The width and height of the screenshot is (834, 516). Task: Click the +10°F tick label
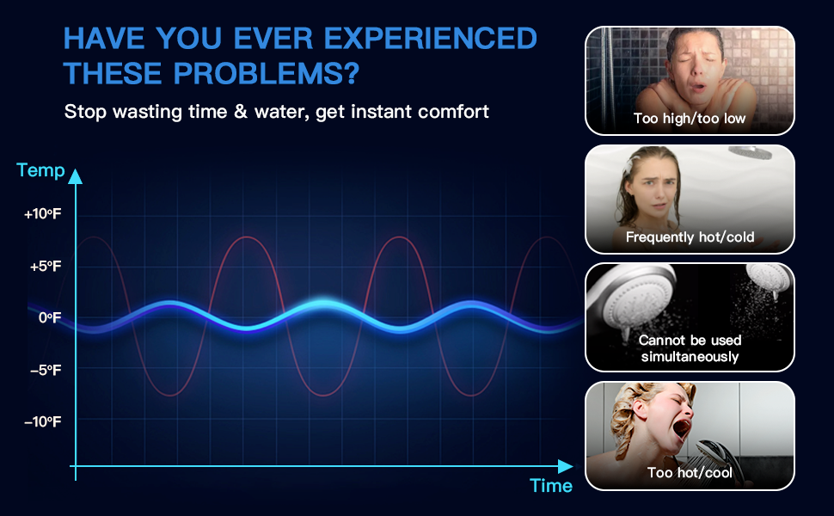42,214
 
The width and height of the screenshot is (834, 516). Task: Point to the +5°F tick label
46,266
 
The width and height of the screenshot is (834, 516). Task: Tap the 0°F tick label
50,317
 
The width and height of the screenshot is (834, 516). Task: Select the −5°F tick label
46,370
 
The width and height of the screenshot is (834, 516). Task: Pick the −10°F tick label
42,422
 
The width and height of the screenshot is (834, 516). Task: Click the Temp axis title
40,170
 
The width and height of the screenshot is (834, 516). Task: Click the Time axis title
551,486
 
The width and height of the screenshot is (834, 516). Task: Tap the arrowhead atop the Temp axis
76,176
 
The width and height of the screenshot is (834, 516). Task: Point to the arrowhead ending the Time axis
566,466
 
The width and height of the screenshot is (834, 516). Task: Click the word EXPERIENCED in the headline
430,39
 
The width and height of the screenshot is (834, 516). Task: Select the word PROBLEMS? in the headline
267,73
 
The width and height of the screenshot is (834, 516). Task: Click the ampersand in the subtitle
241,112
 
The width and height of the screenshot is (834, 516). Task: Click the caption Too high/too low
690,119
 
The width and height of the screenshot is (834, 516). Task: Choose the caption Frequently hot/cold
690,236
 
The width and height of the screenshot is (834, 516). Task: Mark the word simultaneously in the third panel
690,356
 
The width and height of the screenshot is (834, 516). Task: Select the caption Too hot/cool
690,472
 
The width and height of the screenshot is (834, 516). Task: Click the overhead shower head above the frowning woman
750,153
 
